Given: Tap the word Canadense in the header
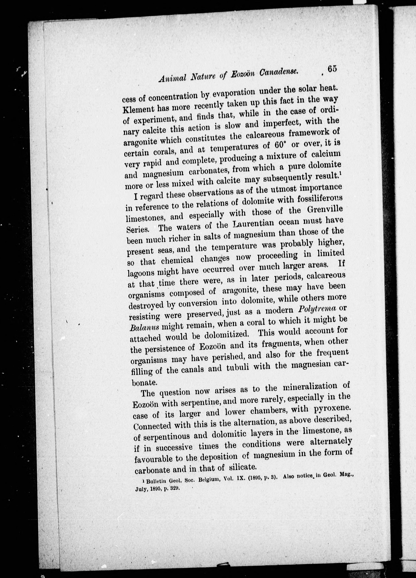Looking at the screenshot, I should click(x=279, y=73).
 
